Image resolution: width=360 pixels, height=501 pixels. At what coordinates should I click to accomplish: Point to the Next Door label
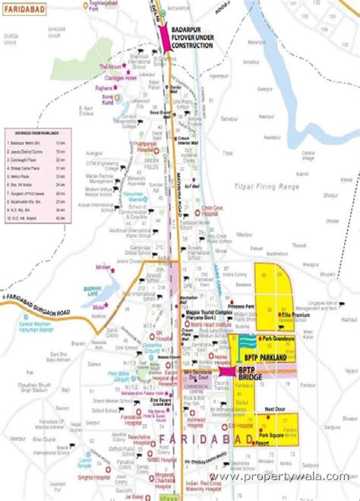(x=274, y=409)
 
